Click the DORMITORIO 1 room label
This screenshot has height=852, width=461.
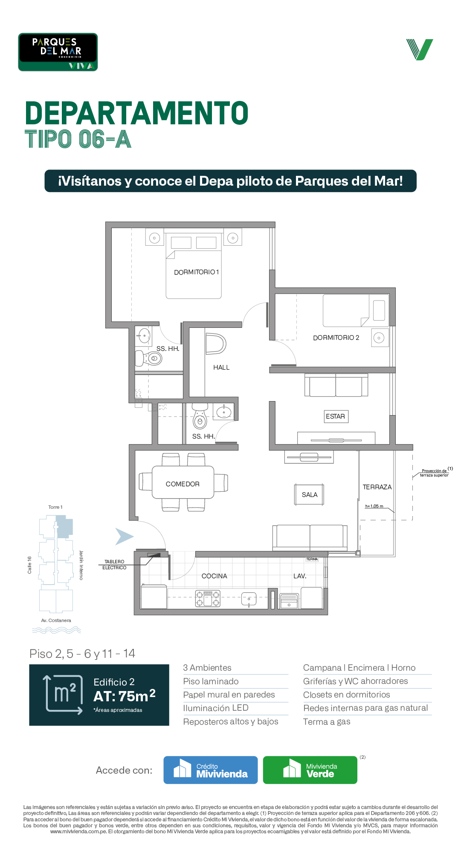[x=197, y=272]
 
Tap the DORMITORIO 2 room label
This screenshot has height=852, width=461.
[x=336, y=338]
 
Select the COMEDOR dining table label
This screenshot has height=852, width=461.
[x=183, y=484]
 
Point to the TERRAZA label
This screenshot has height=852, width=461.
[x=377, y=487]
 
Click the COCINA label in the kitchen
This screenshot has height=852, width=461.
[x=214, y=576]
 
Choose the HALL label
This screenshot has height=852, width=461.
[x=221, y=367]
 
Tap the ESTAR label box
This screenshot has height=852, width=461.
[x=335, y=416]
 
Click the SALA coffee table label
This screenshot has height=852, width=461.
[x=310, y=495]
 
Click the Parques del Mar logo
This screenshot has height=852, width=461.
[x=58, y=52]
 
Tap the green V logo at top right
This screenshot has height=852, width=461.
[x=420, y=49]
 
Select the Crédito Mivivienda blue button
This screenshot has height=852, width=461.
[x=211, y=770]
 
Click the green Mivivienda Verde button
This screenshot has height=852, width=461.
[x=310, y=770]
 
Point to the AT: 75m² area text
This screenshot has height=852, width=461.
[x=124, y=696]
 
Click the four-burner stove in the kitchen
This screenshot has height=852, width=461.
[x=208, y=599]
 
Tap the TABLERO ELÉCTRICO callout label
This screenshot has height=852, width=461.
[x=114, y=565]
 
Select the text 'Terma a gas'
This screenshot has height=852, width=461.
[x=327, y=722]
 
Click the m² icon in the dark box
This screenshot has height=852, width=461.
[x=63, y=694]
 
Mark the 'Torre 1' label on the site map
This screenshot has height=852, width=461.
[x=55, y=507]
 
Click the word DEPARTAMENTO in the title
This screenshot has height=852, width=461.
[x=136, y=113]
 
